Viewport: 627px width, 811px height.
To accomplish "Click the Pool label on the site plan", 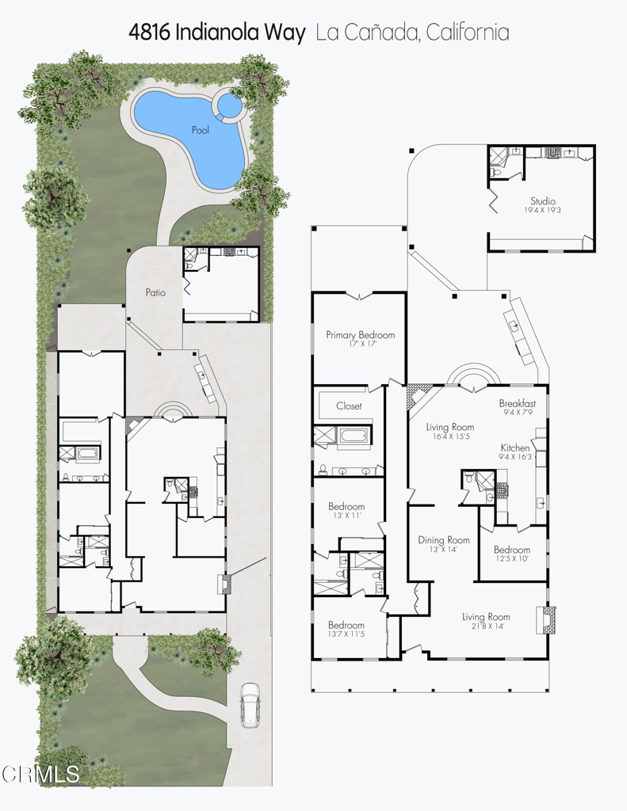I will click(x=201, y=129).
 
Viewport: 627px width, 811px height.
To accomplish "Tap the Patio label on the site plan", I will click(x=155, y=292).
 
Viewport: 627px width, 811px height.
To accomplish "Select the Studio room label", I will click(x=543, y=200).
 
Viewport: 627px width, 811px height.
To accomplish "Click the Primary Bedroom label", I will click(x=361, y=335).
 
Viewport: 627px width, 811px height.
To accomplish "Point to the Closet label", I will click(x=349, y=405).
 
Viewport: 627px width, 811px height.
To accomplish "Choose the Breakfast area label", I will click(x=518, y=403).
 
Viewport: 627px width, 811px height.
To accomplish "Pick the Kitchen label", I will click(x=515, y=447).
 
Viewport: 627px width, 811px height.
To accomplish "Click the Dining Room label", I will click(x=444, y=540).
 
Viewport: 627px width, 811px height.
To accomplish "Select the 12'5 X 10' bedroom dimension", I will click(x=511, y=559).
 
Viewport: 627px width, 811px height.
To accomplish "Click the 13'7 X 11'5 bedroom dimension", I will click(x=346, y=634).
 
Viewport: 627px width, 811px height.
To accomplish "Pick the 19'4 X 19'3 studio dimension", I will click(x=543, y=211).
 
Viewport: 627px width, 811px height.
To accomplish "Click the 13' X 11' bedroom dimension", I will click(x=346, y=516).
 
